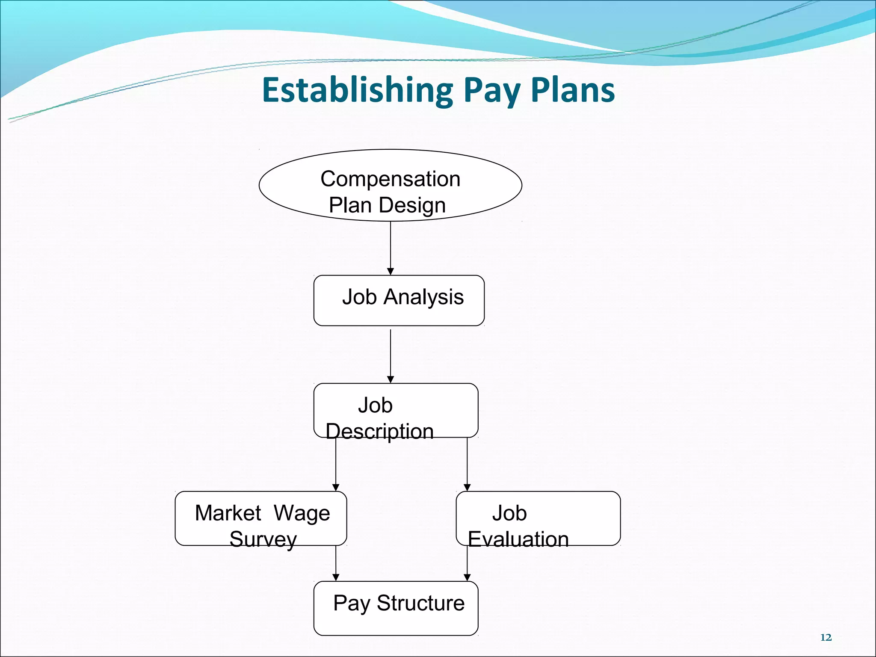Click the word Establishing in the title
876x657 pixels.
[357, 90]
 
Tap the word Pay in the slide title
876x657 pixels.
[492, 91]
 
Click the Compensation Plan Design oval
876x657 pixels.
[390, 185]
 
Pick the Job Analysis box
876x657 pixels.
[399, 300]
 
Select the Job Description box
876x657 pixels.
[396, 410]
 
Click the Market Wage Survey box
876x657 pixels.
[260, 518]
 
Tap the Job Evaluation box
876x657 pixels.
[538, 518]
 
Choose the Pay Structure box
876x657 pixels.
[396, 608]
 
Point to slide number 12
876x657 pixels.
[826, 637]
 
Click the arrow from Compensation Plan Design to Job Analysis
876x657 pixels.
[390, 248]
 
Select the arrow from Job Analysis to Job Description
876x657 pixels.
[390, 356]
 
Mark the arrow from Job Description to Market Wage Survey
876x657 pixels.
[336, 464]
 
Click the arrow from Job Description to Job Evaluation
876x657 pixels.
[467, 464]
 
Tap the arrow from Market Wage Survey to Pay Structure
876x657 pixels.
[336, 563]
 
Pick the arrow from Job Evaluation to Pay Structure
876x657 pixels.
[467, 563]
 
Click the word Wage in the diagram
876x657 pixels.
[302, 513]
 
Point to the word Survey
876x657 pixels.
[263, 539]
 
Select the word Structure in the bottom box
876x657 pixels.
[420, 603]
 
